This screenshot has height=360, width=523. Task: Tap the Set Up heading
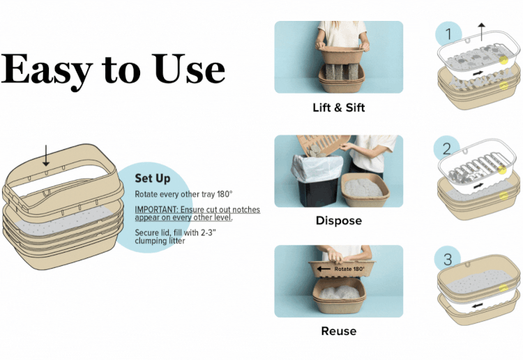point(152,179)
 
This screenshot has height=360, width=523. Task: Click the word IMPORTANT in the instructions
point(158,209)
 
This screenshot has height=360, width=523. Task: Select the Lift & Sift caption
point(338,107)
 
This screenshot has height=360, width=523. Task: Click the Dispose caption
point(338,220)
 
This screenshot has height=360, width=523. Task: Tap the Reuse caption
point(338,331)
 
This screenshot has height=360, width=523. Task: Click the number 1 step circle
point(449,34)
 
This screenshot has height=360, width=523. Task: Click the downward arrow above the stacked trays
point(46,156)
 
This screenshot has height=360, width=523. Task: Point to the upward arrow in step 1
point(480,30)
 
